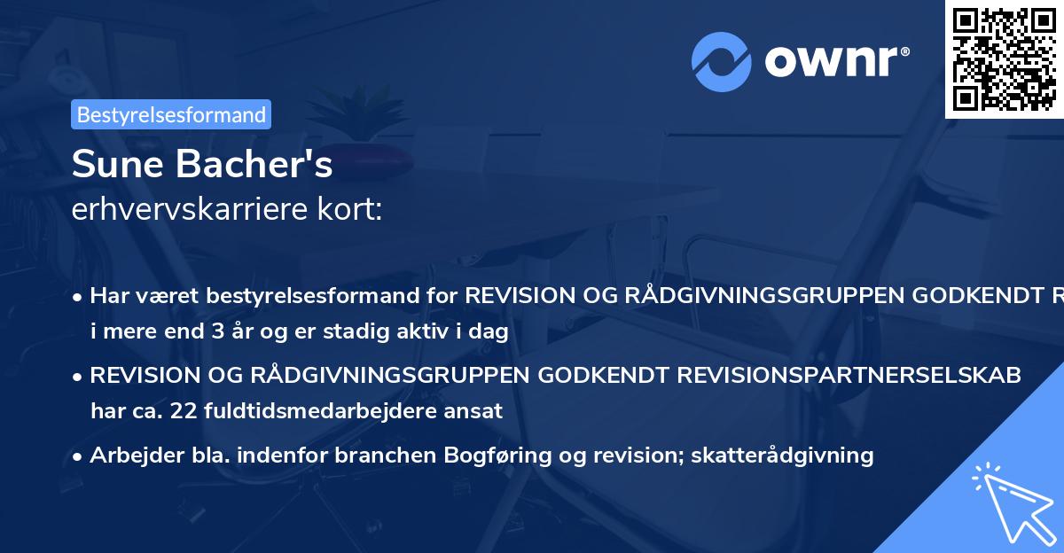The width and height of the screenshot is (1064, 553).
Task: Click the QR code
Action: (x=1005, y=58)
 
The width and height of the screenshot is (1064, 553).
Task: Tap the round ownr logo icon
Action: (x=721, y=61)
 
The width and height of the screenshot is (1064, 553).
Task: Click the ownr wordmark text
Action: (x=836, y=61)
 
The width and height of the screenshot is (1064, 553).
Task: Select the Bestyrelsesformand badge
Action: (x=171, y=114)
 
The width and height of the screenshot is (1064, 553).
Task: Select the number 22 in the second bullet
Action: (x=161, y=410)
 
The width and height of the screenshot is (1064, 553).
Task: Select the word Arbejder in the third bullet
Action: (x=129, y=456)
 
